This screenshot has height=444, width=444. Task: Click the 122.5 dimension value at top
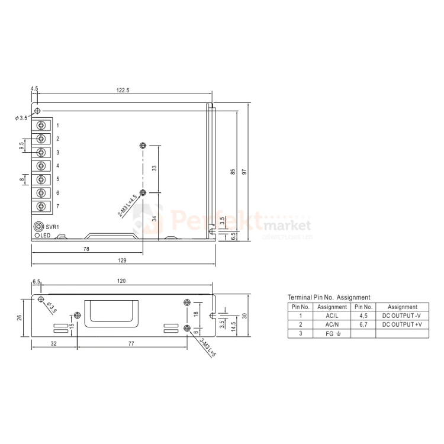click(123, 90)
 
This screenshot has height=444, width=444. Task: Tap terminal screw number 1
click(42, 126)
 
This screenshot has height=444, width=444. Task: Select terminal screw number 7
click(42, 206)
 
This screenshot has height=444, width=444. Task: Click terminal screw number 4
click(42, 166)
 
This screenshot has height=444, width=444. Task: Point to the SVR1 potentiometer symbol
click(38, 227)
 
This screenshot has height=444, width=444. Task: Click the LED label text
click(49, 236)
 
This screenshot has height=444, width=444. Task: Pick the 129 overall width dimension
click(123, 260)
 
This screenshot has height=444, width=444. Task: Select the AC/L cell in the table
click(332, 316)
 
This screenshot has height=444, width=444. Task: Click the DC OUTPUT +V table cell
click(402, 324)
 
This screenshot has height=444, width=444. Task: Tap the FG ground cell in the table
click(332, 333)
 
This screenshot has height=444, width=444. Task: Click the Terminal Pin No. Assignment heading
click(329, 297)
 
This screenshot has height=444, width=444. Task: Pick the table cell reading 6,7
click(363, 324)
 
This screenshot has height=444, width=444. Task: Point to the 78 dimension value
click(86, 249)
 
